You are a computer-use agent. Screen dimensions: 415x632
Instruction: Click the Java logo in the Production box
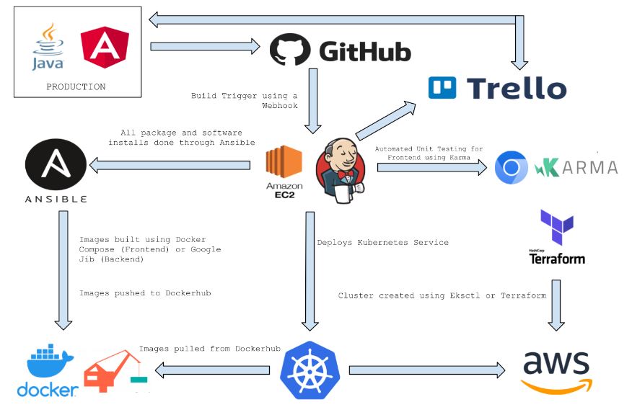coord(48,47)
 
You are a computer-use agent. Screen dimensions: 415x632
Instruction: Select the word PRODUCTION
coord(76,86)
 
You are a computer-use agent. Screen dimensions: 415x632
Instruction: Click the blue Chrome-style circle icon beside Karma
coord(512,168)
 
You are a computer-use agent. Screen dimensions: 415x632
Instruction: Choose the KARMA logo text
coord(576,168)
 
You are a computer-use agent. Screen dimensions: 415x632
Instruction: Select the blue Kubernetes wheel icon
coord(309,370)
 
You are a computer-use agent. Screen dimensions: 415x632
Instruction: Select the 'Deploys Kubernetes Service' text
coord(382,243)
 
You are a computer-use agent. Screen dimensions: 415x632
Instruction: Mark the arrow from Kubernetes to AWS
coord(427,370)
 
